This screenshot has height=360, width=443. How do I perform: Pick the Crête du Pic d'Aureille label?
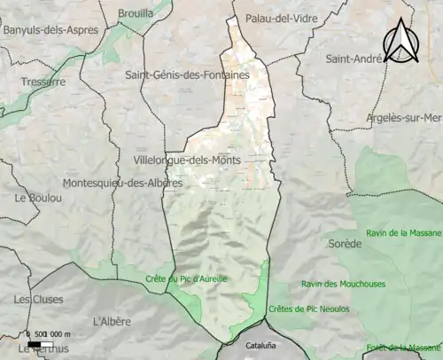186,278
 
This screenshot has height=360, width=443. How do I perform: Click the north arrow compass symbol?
400,42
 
